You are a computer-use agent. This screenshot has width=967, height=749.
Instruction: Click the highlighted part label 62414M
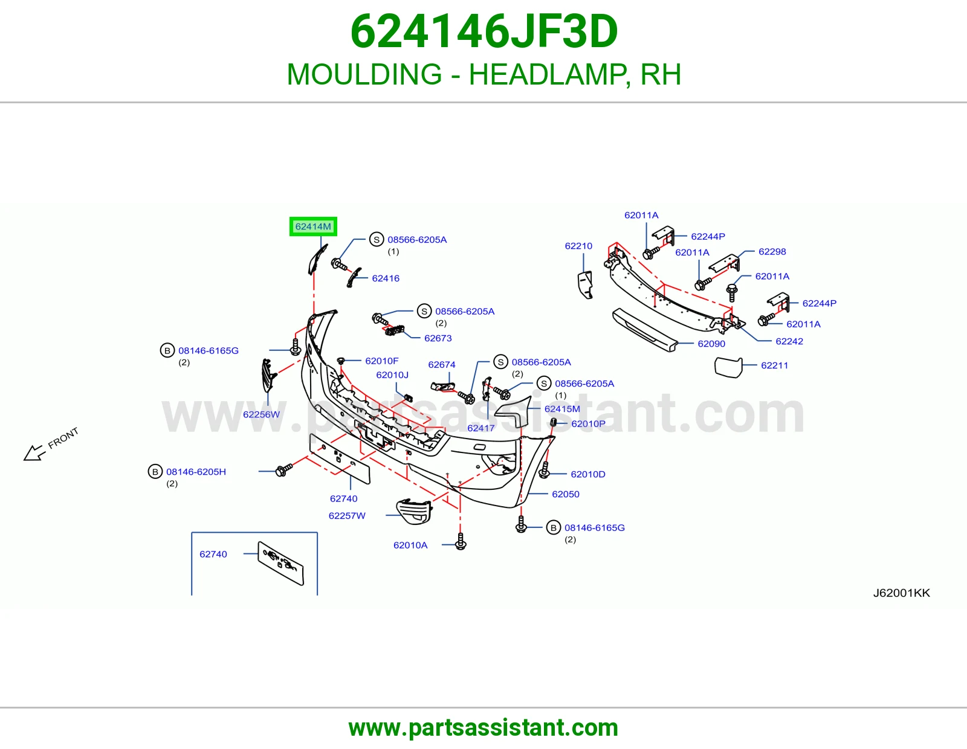pyautogui.click(x=313, y=227)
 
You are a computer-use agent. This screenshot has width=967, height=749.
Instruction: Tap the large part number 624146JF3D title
pyautogui.click(x=483, y=31)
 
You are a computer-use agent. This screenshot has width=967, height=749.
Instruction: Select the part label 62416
pyautogui.click(x=386, y=278)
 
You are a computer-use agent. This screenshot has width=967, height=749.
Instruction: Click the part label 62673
pyautogui.click(x=438, y=338)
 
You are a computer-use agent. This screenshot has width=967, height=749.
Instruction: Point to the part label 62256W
pyautogui.click(x=261, y=414)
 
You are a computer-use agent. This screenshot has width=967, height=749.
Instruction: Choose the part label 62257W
pyautogui.click(x=347, y=515)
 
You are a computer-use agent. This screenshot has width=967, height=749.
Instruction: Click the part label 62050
pyautogui.click(x=565, y=494)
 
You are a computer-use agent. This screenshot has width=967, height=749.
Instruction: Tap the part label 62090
pyautogui.click(x=711, y=344)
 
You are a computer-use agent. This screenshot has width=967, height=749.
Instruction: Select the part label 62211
pyautogui.click(x=774, y=365)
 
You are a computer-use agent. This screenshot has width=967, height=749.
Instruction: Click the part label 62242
pyautogui.click(x=789, y=342)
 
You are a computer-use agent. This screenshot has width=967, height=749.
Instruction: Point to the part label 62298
pyautogui.click(x=772, y=252)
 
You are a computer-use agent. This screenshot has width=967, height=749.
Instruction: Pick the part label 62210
pyautogui.click(x=578, y=246)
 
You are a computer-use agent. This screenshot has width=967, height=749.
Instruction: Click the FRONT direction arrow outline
pyautogui.click(x=34, y=453)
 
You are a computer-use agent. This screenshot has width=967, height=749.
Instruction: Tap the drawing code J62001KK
pyautogui.click(x=901, y=593)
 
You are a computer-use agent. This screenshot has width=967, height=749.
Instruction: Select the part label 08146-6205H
pyautogui.click(x=196, y=472)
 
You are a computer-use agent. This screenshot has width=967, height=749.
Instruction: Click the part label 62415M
pyautogui.click(x=562, y=409)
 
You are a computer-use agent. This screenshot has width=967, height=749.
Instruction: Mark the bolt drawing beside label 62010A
pyautogui.click(x=461, y=541)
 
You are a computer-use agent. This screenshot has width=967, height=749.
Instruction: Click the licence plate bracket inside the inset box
pyautogui.click(x=281, y=563)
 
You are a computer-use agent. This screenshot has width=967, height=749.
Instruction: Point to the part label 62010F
pyautogui.click(x=381, y=361)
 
